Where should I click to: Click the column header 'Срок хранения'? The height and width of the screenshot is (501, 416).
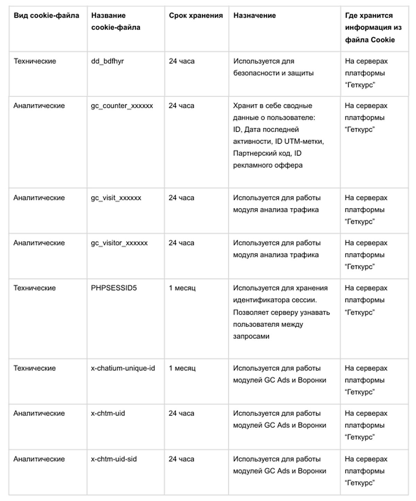click(196, 16)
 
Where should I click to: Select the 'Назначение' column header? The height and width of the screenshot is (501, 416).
click(254, 16)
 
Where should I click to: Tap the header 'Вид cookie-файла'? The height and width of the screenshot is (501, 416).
click(46, 16)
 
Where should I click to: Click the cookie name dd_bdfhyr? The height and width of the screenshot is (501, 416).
click(107, 61)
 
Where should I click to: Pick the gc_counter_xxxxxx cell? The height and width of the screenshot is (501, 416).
click(122, 106)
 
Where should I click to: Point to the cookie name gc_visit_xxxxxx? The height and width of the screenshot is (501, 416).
click(116, 198)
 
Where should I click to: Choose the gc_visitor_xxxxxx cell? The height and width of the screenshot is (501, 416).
click(119, 243)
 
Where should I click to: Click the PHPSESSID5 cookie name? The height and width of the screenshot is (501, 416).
click(114, 288)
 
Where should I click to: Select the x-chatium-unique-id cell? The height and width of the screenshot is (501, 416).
click(123, 368)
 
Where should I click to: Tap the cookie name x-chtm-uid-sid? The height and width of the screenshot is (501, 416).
click(114, 459)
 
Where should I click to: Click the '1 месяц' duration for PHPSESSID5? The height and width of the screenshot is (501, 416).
click(182, 288)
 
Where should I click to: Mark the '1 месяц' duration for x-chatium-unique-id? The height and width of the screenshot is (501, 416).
click(182, 368)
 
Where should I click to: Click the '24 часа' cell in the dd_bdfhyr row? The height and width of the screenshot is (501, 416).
click(182, 61)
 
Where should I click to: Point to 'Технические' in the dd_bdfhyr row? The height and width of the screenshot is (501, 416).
click(35, 61)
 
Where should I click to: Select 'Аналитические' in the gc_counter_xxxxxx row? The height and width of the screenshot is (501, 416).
click(39, 106)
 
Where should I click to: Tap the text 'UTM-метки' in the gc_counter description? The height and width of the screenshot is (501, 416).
click(304, 141)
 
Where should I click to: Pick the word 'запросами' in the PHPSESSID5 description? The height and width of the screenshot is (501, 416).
click(251, 336)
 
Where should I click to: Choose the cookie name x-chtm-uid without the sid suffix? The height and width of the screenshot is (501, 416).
click(108, 413)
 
